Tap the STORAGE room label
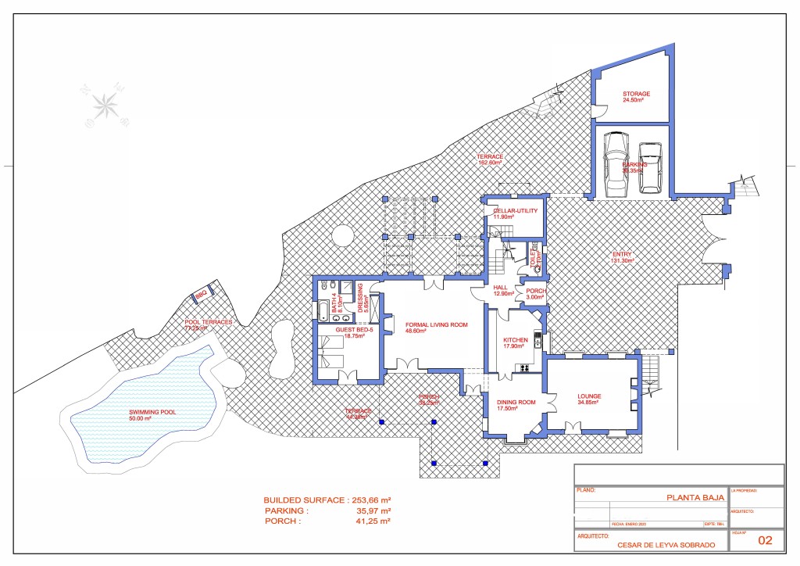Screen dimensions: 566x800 [x=636, y=94]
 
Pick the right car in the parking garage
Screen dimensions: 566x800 [x=650, y=167]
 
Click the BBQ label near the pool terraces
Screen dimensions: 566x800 [x=201, y=295]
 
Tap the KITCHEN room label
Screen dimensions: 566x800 [x=516, y=341]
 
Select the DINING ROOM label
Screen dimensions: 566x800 [x=516, y=402]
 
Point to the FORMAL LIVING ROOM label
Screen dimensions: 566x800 [x=436, y=324]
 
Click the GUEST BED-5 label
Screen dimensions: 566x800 [x=355, y=331]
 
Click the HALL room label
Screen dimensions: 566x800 [x=501, y=288]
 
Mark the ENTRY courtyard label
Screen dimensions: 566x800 [x=623, y=255]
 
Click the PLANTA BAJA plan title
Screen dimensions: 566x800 [x=695, y=496]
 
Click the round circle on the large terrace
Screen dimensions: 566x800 [x=342, y=235]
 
